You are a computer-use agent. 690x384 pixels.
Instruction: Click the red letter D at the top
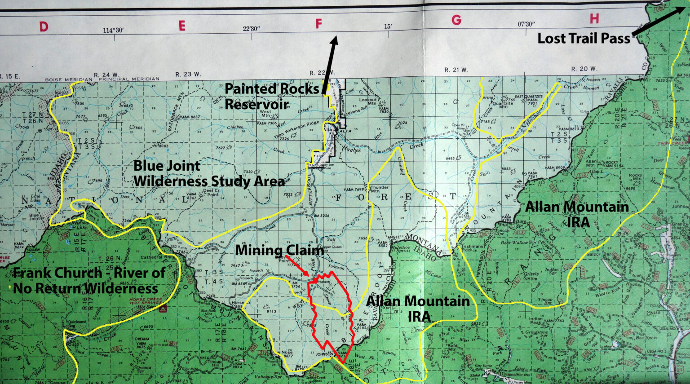(x=44, y=26)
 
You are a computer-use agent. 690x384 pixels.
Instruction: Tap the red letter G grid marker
(x=456, y=20)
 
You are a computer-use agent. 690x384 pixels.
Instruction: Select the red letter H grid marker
(x=594, y=18)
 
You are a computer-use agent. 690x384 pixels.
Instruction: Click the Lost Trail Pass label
(x=584, y=39)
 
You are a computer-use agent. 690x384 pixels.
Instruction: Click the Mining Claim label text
(x=279, y=250)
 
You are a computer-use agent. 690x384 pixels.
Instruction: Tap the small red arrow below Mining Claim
(x=298, y=266)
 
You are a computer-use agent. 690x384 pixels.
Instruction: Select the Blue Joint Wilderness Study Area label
(x=209, y=174)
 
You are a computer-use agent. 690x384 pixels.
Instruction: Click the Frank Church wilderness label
(x=89, y=280)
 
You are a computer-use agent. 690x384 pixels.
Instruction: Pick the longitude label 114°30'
(x=113, y=31)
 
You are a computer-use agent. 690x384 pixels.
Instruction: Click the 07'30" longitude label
(x=526, y=24)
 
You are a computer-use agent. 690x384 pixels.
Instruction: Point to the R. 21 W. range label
(x=456, y=70)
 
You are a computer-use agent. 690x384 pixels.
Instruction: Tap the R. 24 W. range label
(x=106, y=75)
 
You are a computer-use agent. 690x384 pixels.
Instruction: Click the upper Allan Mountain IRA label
(x=577, y=213)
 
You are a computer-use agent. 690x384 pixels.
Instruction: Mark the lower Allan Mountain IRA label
(x=418, y=308)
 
